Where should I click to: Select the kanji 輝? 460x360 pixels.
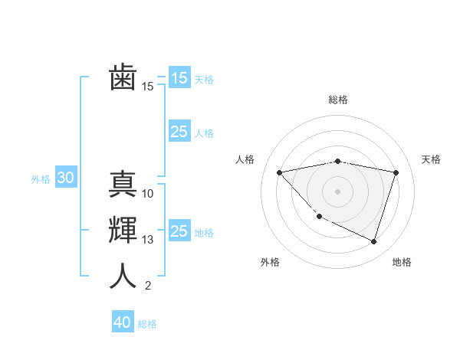[123, 231]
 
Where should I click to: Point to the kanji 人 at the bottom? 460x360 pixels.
[123, 277]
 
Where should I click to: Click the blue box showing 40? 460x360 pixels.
[123, 322]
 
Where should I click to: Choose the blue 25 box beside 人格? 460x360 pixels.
[179, 132]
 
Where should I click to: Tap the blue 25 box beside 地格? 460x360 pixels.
[179, 231]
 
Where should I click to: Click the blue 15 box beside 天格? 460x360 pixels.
[179, 78]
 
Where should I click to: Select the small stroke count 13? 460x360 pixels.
[148, 240]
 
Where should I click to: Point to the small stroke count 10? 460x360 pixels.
[148, 194]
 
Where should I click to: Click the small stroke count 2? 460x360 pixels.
[148, 286]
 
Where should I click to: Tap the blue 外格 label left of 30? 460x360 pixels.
[41, 179]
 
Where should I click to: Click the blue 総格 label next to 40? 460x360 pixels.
[147, 324]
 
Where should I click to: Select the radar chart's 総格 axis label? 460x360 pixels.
[337, 100]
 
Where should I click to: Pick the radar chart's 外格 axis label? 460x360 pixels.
[270, 262]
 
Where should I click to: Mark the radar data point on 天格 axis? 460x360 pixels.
[396, 172]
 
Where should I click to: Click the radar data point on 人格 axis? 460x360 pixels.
[279, 172]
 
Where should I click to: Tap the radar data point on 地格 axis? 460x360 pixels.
[373, 241]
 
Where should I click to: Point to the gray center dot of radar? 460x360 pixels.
[337, 191]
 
